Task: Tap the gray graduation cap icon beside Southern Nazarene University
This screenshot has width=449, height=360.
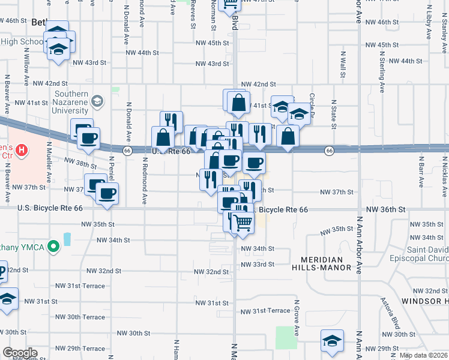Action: click(x=96, y=102)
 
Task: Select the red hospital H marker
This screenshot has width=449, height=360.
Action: click(x=22, y=149)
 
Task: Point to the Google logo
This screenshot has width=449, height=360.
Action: click(x=20, y=353)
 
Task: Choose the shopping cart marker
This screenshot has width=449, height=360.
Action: click(x=243, y=223)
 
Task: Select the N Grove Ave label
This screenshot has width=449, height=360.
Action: click(x=297, y=318)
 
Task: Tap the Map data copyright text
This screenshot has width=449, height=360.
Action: click(x=423, y=355)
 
